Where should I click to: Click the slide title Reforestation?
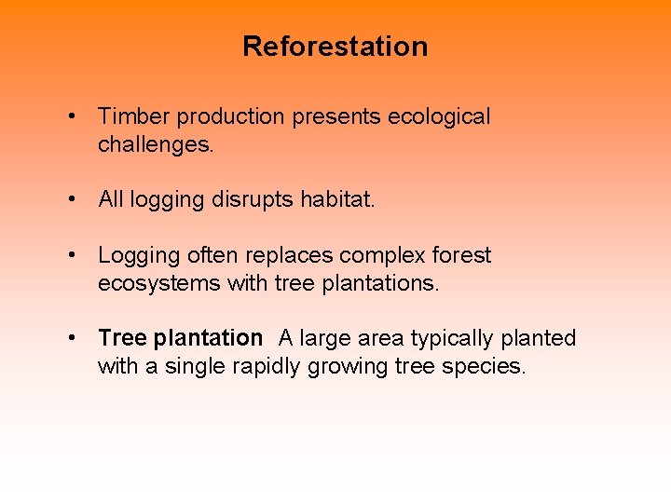click(335, 47)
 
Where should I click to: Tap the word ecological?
click(439, 117)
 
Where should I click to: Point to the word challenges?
click(155, 144)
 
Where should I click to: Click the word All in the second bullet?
click(111, 200)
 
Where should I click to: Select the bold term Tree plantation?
click(180, 338)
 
